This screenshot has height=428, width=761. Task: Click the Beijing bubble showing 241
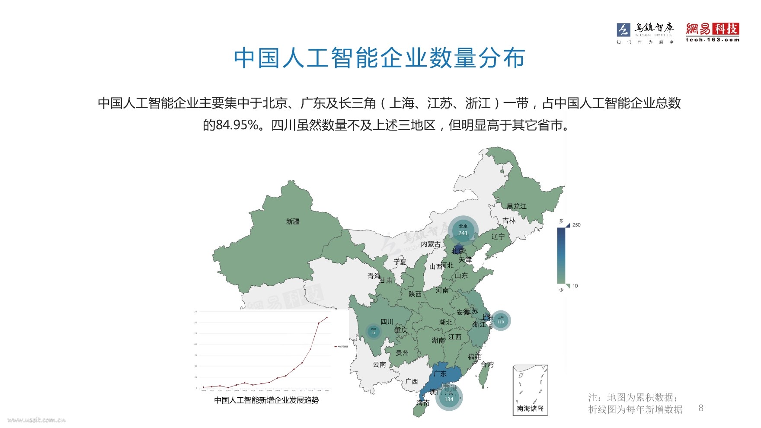(463, 230)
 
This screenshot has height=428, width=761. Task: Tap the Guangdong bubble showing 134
(449, 396)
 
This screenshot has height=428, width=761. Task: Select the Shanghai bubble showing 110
(500, 320)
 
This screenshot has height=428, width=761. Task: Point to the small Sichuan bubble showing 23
(373, 331)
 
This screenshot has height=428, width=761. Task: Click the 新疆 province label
(293, 221)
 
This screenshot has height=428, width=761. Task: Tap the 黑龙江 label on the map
(517, 206)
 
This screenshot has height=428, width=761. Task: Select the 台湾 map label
(487, 364)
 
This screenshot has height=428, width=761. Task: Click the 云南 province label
(379, 364)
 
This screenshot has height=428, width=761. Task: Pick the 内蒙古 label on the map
(431, 244)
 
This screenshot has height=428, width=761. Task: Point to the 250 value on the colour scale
(576, 225)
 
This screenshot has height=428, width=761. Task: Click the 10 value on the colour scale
(575, 286)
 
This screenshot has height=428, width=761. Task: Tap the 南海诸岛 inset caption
(530, 408)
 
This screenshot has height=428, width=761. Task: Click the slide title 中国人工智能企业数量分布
(379, 58)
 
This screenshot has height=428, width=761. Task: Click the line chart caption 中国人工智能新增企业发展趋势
(266, 400)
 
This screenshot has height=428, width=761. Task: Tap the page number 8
(701, 408)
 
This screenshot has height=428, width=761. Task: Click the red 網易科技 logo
(712, 32)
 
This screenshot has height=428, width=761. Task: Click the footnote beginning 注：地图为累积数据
(635, 403)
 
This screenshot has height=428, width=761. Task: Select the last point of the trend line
(327, 317)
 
